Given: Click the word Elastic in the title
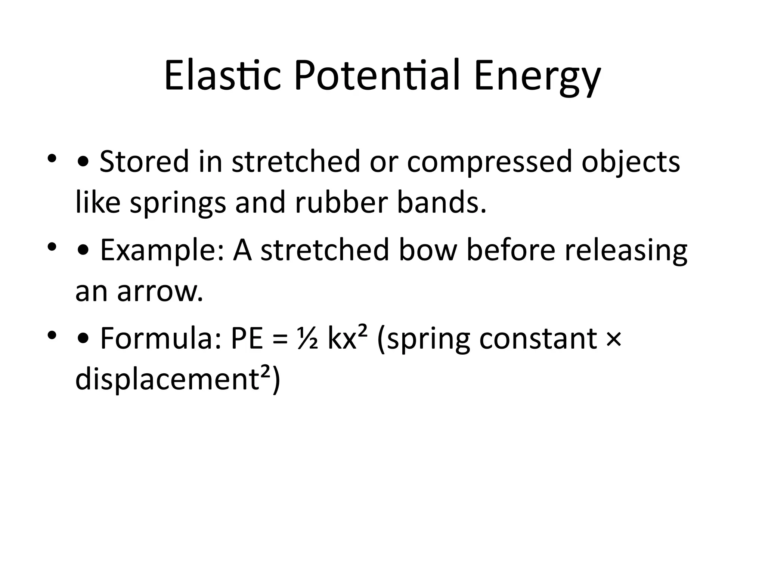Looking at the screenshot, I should [x=223, y=77].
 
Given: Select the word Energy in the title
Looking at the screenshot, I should [x=537, y=78].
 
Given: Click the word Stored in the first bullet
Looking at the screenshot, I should [x=144, y=161].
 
